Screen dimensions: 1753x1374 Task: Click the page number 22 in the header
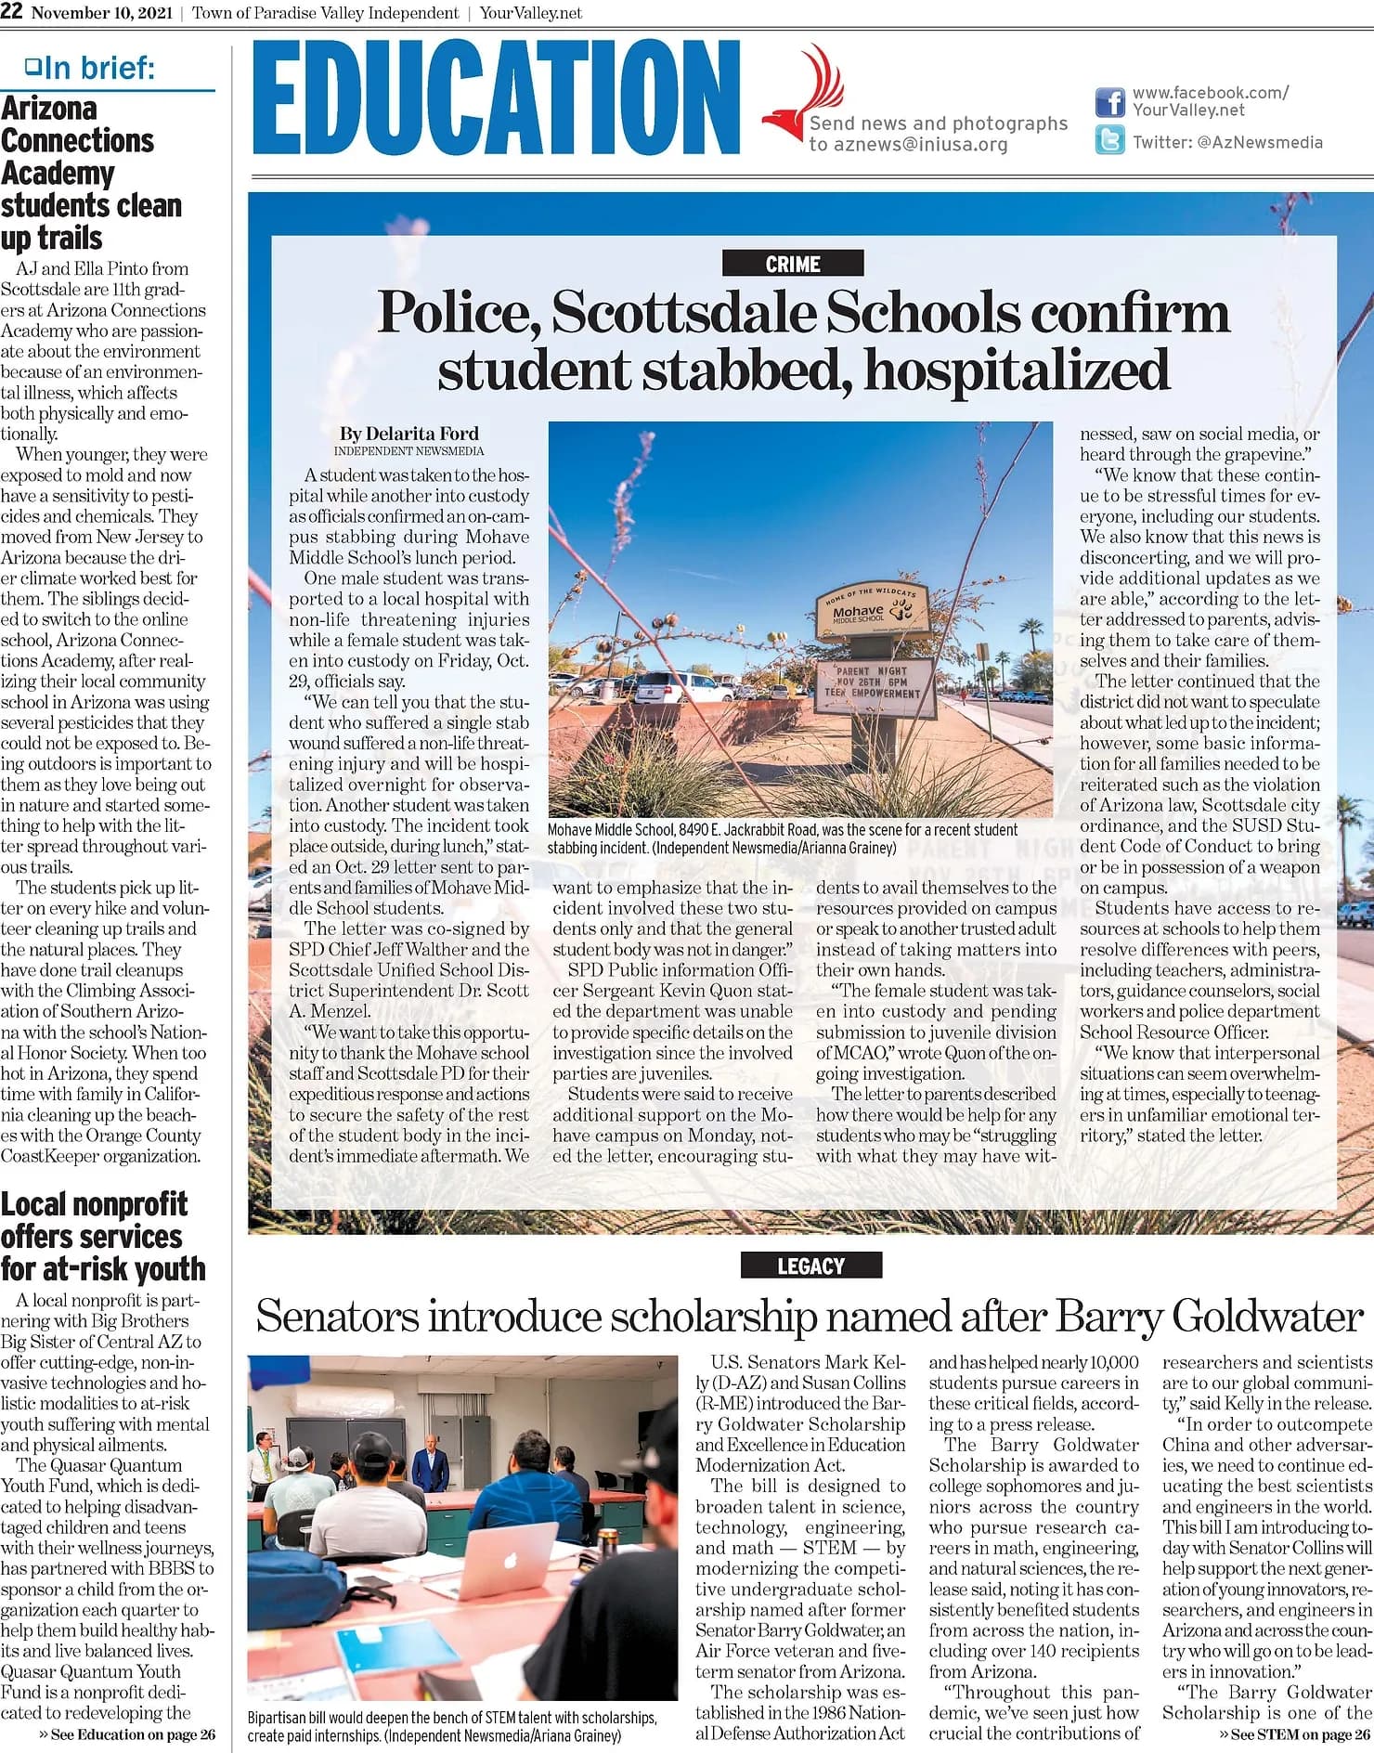(12, 12)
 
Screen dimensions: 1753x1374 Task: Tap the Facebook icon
(1109, 101)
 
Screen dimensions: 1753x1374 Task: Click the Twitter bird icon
(1109, 141)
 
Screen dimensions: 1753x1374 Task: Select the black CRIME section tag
(793, 264)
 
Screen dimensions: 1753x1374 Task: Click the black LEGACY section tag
(810, 1266)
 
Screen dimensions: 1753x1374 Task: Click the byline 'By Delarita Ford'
(408, 434)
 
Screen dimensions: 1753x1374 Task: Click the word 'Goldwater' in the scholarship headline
(1267, 1316)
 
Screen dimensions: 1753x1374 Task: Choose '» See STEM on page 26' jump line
(1294, 1734)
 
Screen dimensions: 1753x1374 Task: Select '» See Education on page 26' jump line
(126, 1734)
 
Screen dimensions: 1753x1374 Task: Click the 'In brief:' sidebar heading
(90, 68)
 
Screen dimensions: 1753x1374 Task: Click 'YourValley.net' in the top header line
(531, 13)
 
